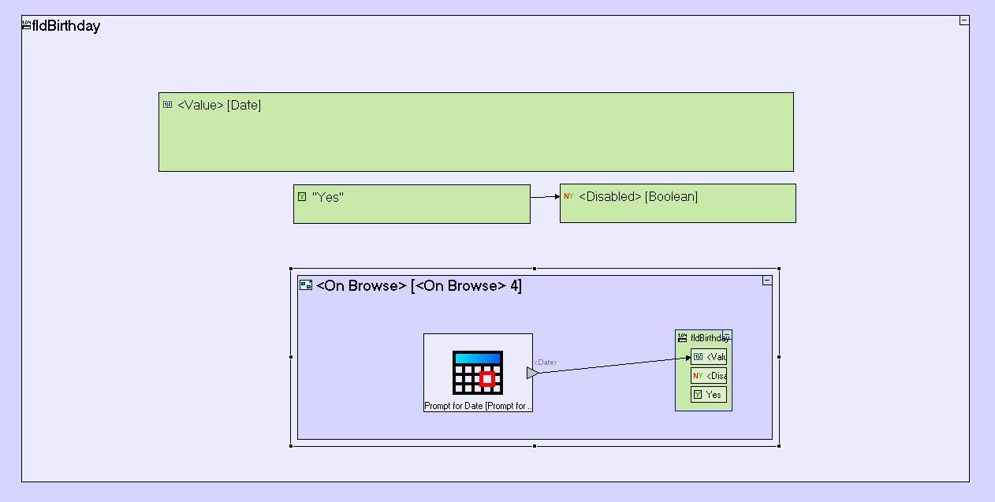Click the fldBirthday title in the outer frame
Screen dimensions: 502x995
coord(65,26)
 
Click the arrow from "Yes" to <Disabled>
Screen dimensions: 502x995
coord(545,197)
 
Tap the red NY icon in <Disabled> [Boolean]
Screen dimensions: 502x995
coord(568,196)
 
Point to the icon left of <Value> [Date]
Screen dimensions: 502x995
coord(167,105)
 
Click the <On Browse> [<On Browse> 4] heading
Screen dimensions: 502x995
coord(418,286)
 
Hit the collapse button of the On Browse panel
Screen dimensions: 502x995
coord(766,281)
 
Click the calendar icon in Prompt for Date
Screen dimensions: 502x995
coord(478,372)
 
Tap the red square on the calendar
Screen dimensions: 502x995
coord(487,379)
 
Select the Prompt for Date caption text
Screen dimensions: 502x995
coord(478,406)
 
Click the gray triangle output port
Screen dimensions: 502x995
coord(532,372)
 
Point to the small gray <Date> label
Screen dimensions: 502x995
coord(546,363)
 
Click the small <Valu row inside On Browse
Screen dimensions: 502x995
coord(709,357)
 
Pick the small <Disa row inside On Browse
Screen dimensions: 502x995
coord(709,376)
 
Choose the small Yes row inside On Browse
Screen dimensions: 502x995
coord(709,395)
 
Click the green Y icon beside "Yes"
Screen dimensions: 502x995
coord(302,197)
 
